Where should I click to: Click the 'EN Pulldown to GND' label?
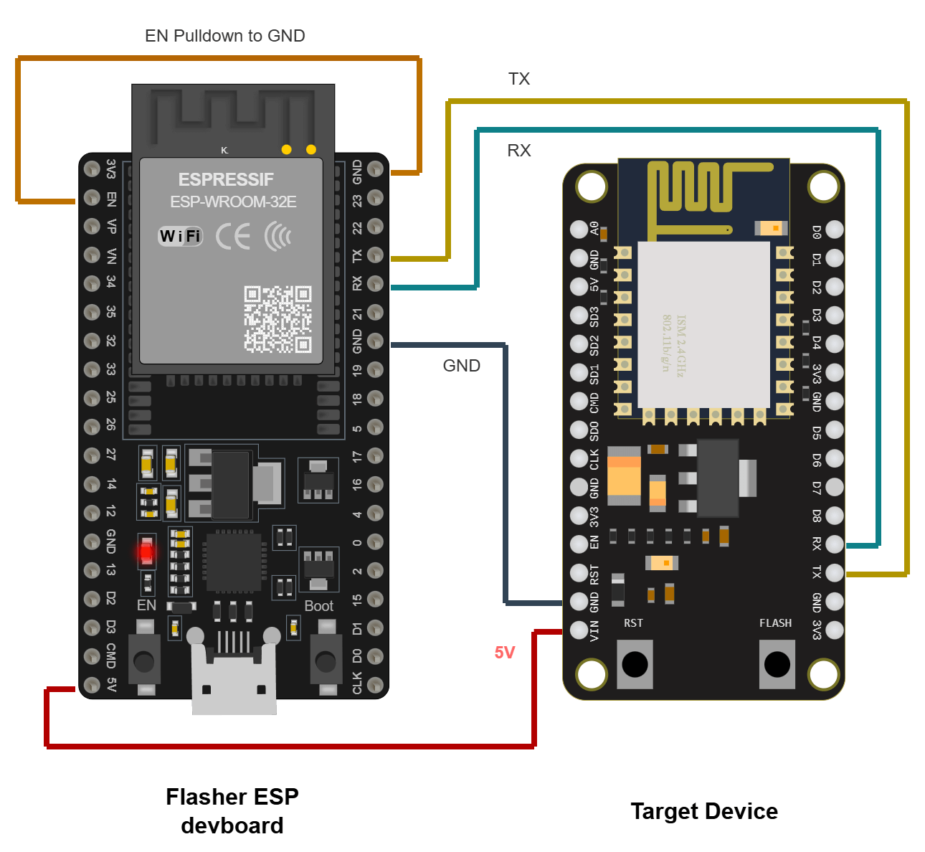click(x=224, y=36)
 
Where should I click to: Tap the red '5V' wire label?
click(x=504, y=652)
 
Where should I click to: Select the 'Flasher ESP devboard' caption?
click(x=232, y=810)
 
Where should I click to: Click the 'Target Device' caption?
click(x=703, y=811)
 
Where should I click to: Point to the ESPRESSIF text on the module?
click(x=226, y=179)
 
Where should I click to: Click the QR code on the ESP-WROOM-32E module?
click(x=277, y=319)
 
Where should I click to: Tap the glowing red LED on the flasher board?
click(x=146, y=552)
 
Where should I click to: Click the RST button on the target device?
click(x=635, y=664)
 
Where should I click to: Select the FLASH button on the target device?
click(x=777, y=664)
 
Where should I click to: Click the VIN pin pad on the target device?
click(x=579, y=630)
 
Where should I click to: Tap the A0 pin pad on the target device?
click(x=579, y=229)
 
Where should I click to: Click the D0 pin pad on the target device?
click(x=834, y=229)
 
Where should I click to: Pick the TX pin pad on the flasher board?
click(x=375, y=255)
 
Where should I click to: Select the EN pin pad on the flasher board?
click(x=92, y=198)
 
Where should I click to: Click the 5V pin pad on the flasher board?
click(x=92, y=685)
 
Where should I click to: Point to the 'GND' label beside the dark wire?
click(x=461, y=366)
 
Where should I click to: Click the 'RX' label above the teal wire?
click(x=518, y=151)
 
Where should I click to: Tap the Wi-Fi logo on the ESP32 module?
click(x=180, y=236)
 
